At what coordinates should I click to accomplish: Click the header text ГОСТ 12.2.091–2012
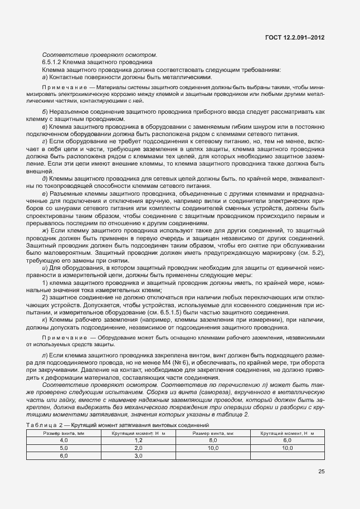click(295, 37)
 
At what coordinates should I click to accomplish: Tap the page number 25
click(321, 471)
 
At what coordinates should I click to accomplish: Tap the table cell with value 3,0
click(138, 455)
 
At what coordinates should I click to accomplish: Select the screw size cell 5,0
click(64, 448)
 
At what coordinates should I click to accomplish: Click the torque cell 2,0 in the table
click(138, 448)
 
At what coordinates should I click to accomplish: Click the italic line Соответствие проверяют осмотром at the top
click(99, 55)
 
